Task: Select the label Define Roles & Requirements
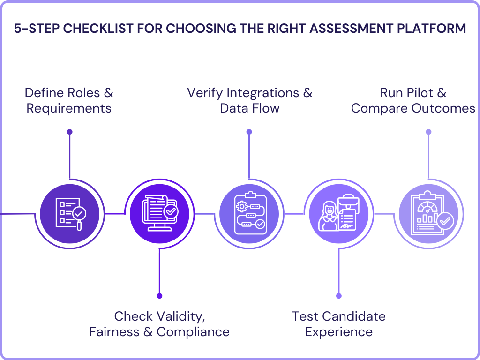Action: point(69,100)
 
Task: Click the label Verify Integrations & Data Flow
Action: point(249,100)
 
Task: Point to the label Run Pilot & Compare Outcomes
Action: point(413,100)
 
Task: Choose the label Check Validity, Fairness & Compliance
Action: point(159,324)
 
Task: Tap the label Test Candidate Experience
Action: point(338,324)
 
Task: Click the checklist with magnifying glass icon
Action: point(70,214)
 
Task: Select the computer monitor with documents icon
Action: point(159,214)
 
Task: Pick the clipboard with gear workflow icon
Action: point(249,214)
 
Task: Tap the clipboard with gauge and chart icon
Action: point(428,214)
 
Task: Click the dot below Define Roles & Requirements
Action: point(70,132)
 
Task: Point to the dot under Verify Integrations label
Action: point(249,132)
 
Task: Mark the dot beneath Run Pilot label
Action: point(428,132)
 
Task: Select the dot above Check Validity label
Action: point(159,296)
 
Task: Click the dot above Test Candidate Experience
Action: point(339,296)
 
